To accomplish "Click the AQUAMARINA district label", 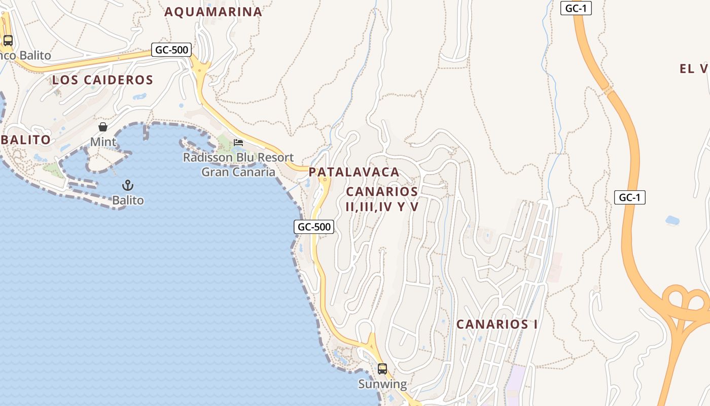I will (x=213, y=12).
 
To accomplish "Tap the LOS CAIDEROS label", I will (x=102, y=80).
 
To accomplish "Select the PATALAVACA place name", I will (x=354, y=172).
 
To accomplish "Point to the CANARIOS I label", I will (x=496, y=324).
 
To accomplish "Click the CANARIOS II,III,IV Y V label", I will (x=382, y=199).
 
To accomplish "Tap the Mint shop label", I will (x=103, y=142).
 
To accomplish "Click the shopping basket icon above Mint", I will (x=103, y=127).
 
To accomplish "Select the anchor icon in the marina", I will (x=128, y=185).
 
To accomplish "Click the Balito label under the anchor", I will (x=128, y=200).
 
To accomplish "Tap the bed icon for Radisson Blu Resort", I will (x=238, y=143).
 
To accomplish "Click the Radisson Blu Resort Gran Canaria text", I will (x=238, y=164).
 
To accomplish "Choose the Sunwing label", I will (x=382, y=384).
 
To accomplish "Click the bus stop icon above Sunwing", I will (x=382, y=369).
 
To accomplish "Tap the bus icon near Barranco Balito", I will (x=8, y=41).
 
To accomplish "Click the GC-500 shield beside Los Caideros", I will (x=171, y=50).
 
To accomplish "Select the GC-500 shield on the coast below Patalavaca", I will (x=314, y=227).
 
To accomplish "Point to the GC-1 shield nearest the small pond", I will (x=630, y=197).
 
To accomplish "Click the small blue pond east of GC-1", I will (x=672, y=220).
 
